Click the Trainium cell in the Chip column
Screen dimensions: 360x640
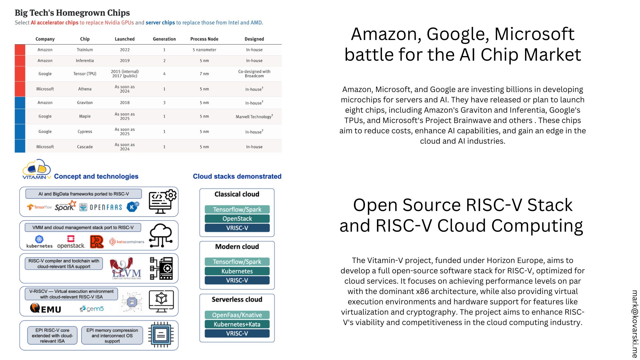(85, 50)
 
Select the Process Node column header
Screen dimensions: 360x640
(204, 39)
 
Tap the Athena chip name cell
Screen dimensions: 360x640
(85, 89)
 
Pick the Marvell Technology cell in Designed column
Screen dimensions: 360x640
(254, 117)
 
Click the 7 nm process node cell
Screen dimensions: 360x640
(204, 74)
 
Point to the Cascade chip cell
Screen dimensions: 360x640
(85, 147)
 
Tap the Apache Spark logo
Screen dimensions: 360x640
(65, 206)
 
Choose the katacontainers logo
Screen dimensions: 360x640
(127, 242)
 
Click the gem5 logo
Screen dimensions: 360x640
(92, 309)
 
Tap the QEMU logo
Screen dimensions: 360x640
(46, 309)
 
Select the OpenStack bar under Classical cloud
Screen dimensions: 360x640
(237, 219)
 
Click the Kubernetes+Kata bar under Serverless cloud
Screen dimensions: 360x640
(237, 324)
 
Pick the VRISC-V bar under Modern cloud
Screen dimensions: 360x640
(237, 280)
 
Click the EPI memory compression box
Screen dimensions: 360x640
(112, 335)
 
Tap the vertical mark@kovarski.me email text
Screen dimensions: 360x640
(635, 323)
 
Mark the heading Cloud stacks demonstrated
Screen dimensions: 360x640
(237, 176)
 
